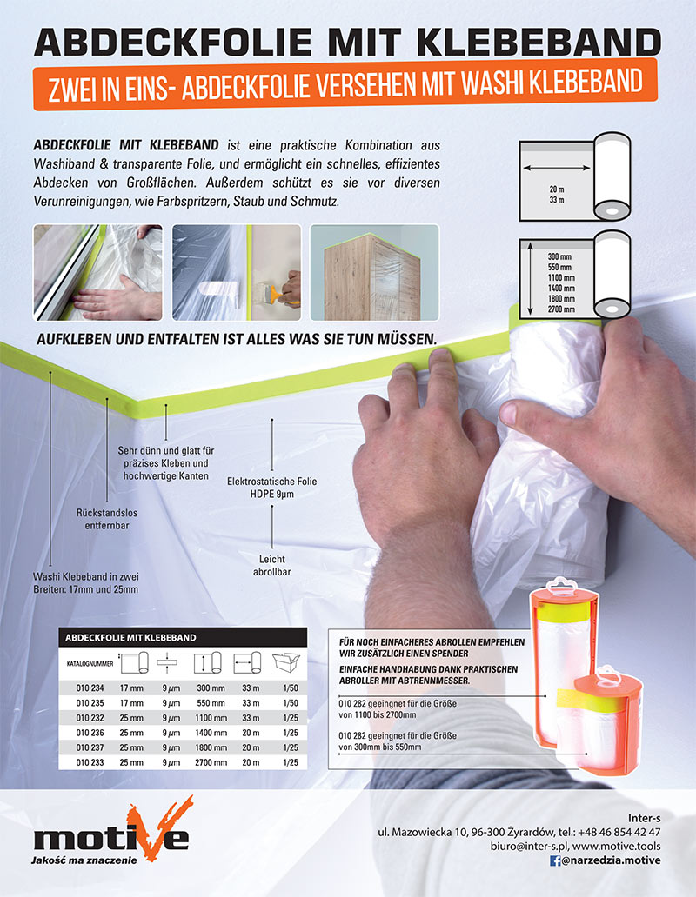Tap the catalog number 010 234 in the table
[90, 688]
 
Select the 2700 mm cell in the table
[211, 762]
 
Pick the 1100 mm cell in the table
[211, 718]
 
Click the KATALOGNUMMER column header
[90, 664]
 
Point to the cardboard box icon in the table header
[286, 662]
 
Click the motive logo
[112, 830]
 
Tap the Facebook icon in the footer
[555, 860]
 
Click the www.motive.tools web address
[617, 846]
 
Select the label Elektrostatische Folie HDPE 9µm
[271, 488]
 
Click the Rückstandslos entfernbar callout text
[107, 519]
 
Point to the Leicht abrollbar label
[271, 565]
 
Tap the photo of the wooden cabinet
[374, 272]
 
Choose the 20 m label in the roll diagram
[556, 189]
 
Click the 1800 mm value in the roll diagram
[561, 299]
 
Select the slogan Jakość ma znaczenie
[84, 860]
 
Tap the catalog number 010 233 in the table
[90, 762]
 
